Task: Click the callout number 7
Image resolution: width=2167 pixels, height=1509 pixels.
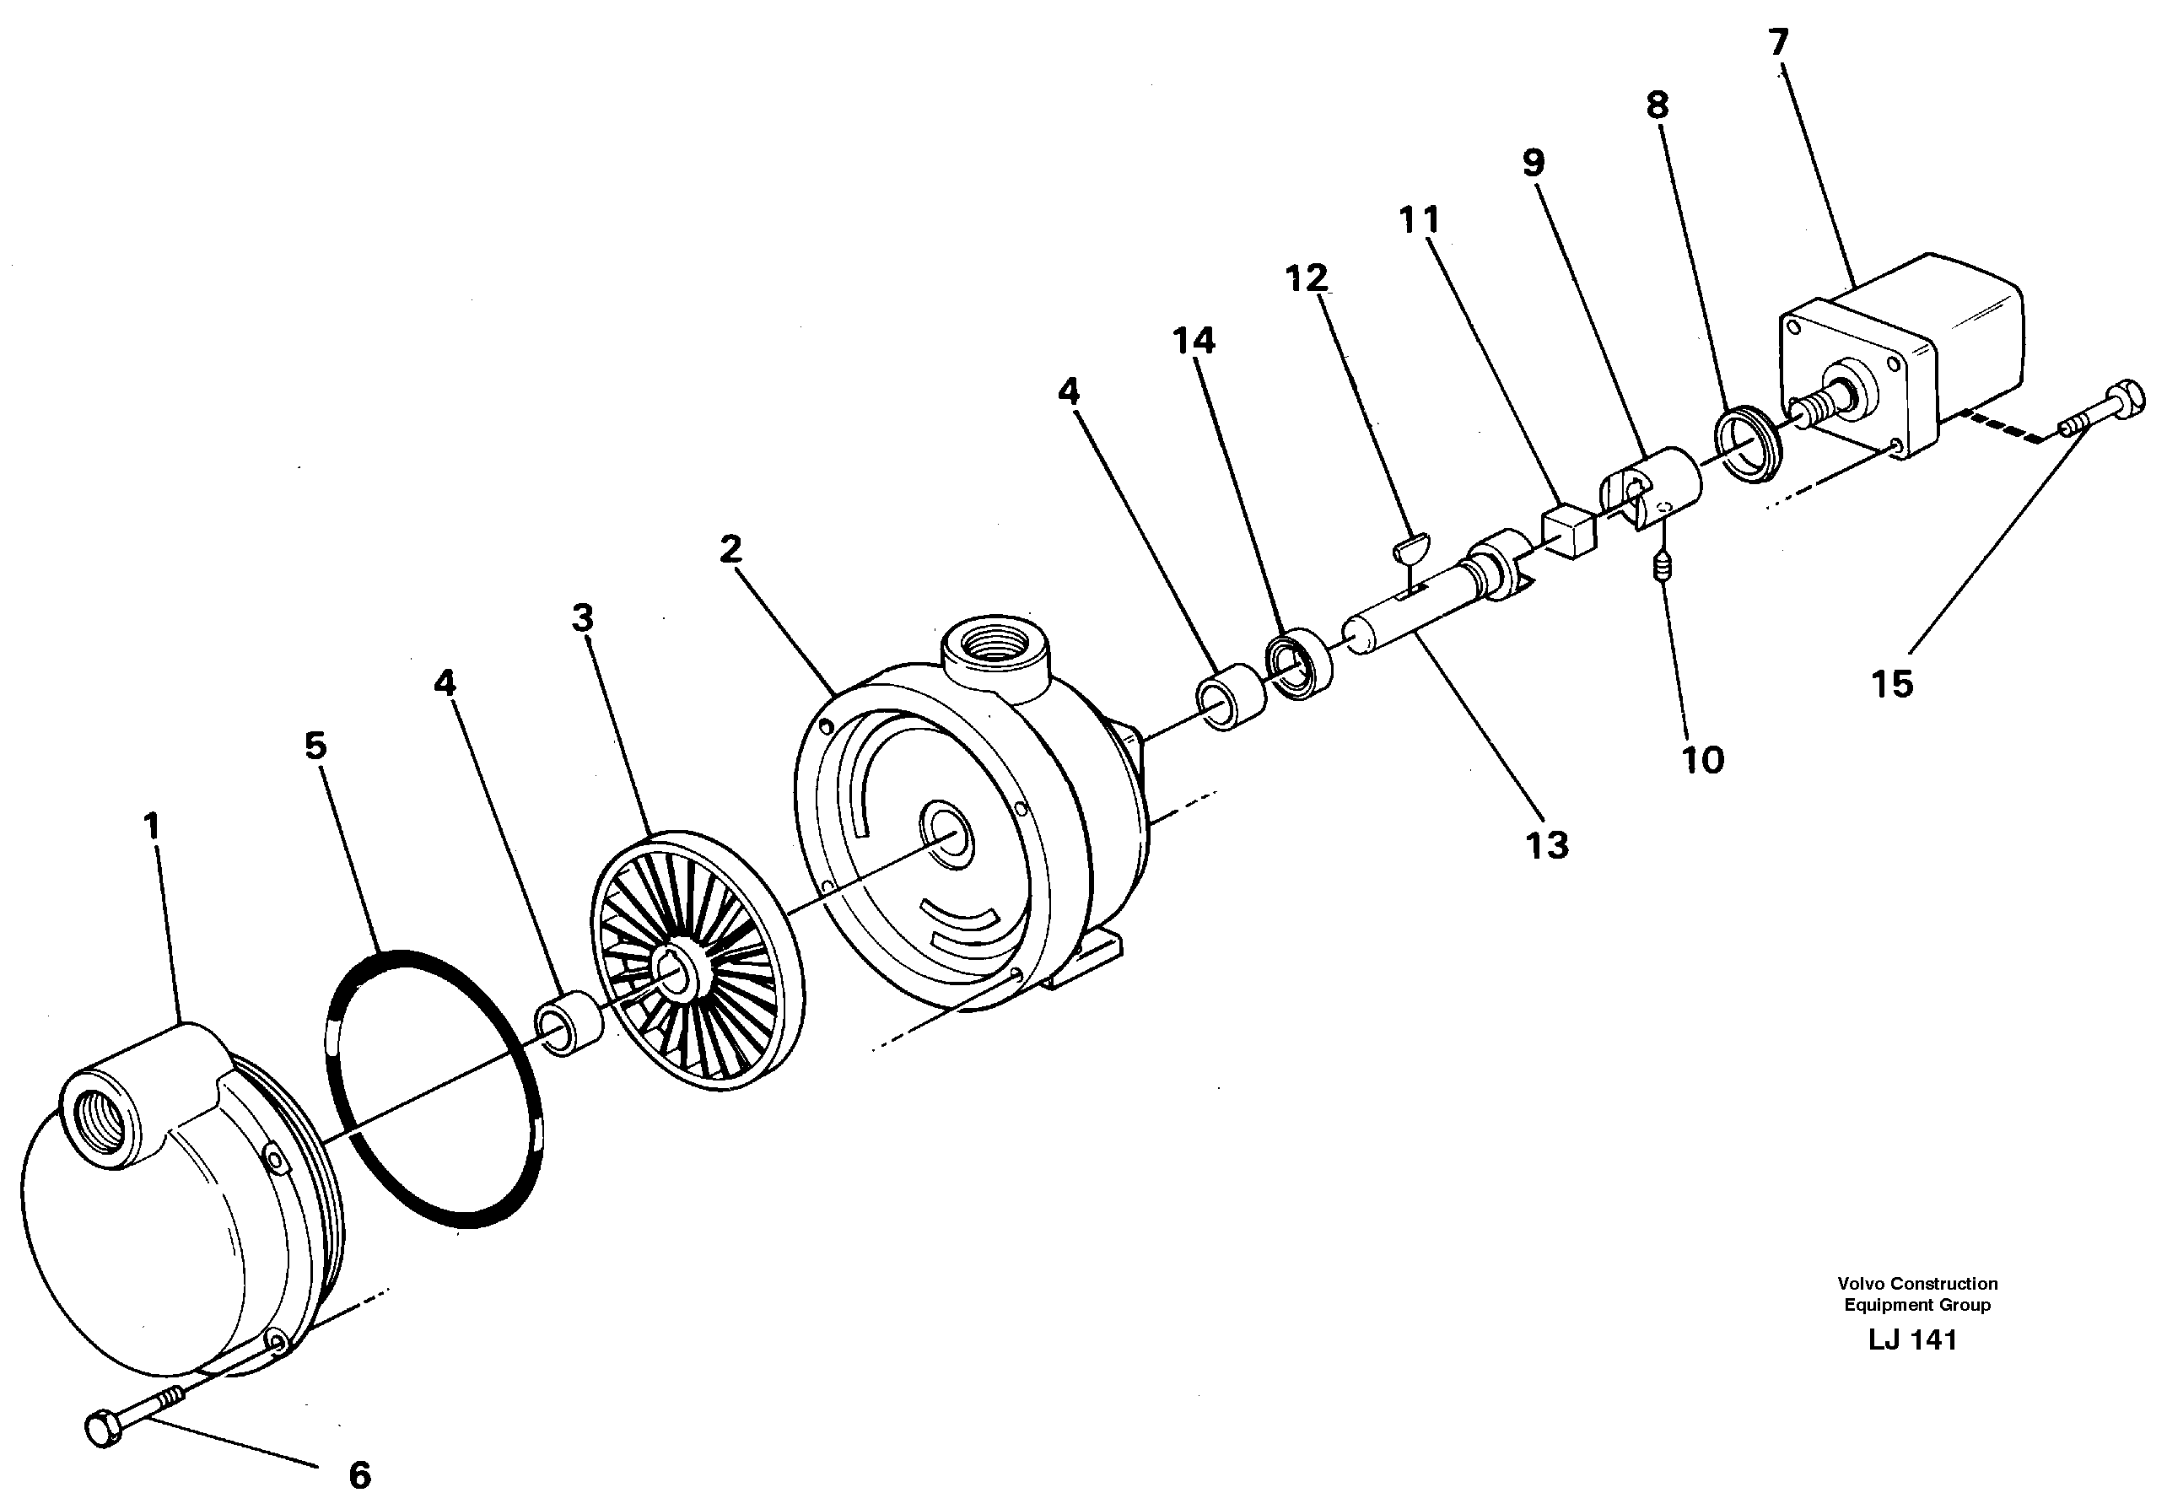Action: point(1778,43)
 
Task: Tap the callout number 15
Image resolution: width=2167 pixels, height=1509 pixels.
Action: point(1891,684)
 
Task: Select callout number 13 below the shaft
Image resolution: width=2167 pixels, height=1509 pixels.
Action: point(1547,845)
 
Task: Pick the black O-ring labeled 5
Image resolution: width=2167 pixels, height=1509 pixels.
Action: point(435,1089)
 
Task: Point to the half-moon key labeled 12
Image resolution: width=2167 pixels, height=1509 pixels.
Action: point(1412,545)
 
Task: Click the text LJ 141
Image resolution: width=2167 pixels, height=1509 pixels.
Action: point(1912,1340)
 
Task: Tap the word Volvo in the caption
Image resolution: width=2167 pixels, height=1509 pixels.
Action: point(1857,1284)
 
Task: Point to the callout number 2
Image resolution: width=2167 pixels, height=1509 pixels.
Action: point(730,549)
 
